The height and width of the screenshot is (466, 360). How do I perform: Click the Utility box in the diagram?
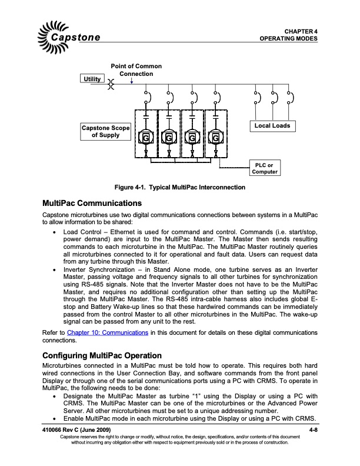[93, 78]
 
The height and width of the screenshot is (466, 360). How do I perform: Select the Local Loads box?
[271, 125]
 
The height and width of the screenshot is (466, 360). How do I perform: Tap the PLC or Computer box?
[264, 168]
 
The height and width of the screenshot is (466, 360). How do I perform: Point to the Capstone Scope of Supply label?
[105, 131]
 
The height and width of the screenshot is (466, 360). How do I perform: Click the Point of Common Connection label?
[136, 70]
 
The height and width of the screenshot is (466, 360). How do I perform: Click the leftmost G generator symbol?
[145, 138]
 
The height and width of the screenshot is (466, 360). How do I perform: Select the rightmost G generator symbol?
[216, 138]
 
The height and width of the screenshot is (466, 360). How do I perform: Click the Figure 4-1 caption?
[179, 187]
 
